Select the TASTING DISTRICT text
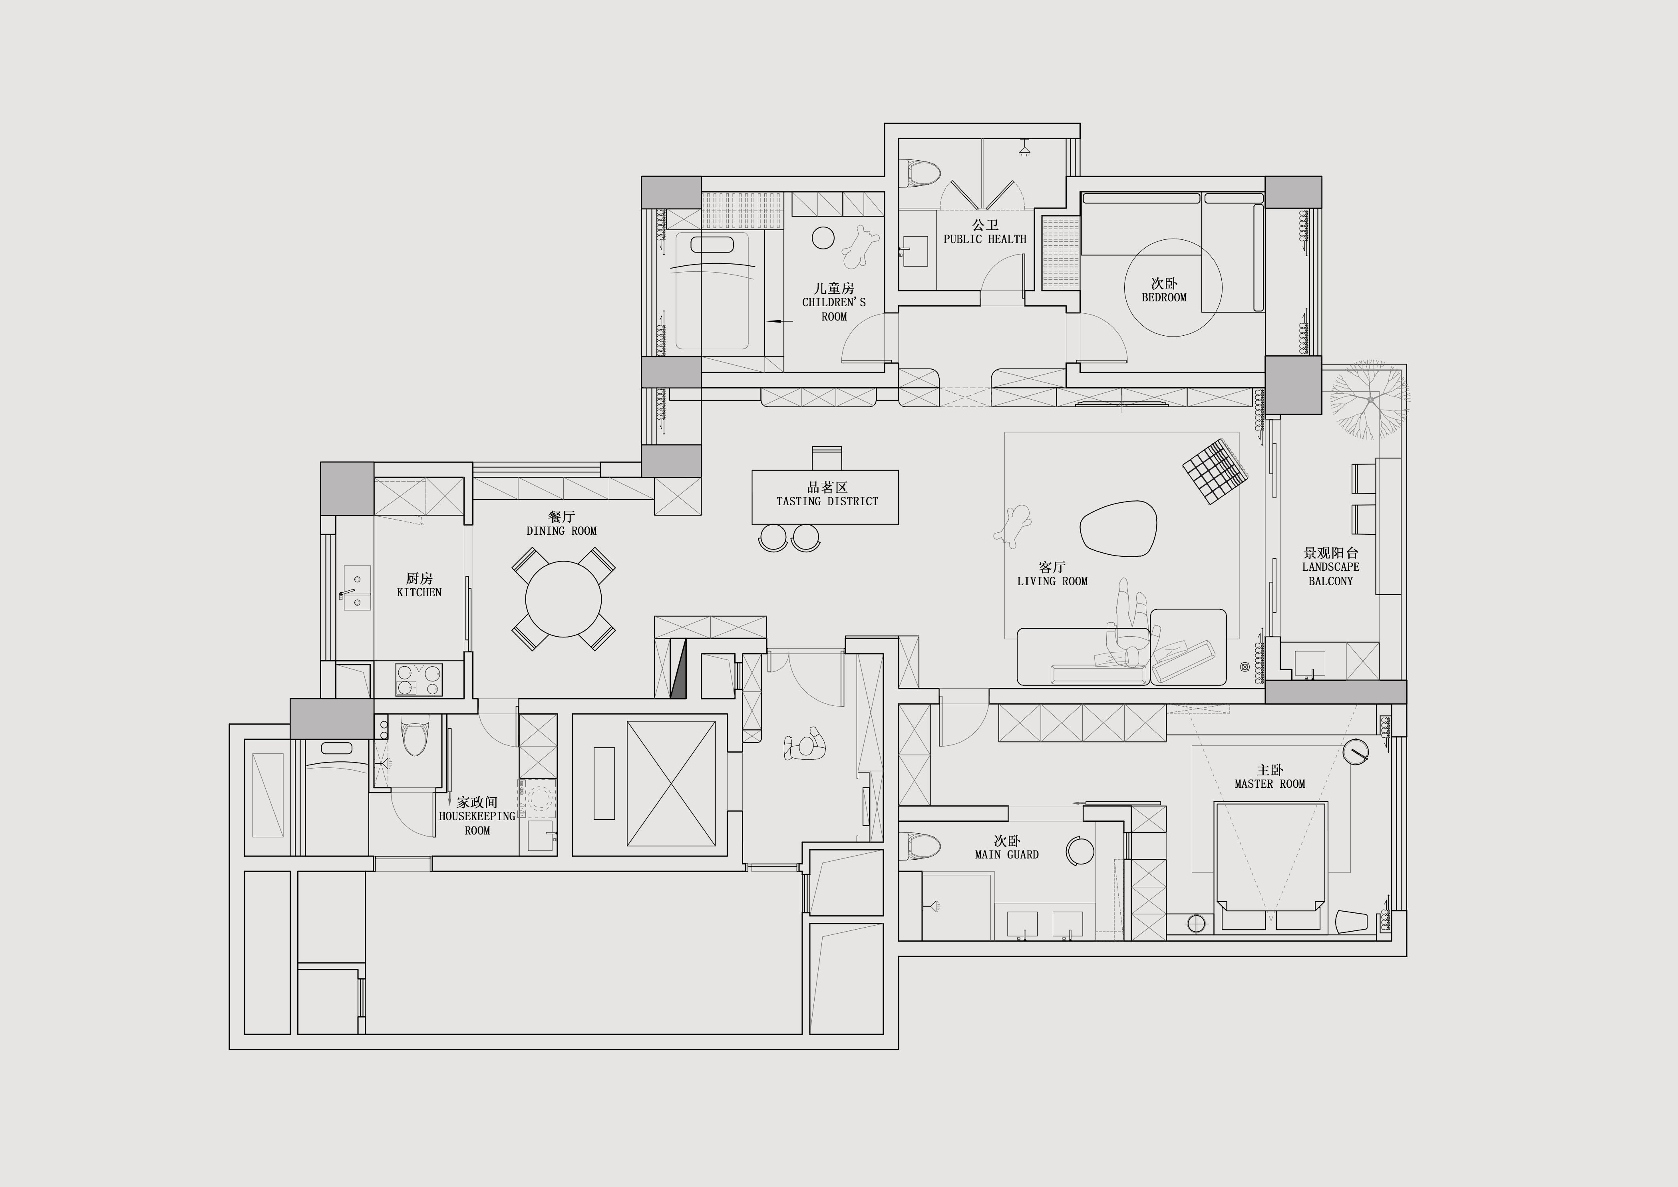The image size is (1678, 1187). (x=827, y=502)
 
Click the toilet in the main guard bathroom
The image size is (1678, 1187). (x=924, y=846)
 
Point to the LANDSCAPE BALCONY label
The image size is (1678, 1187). (x=1331, y=574)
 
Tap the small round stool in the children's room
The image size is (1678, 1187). (x=823, y=237)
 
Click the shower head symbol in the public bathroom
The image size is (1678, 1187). (x=1025, y=147)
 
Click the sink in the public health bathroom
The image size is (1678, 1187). (x=915, y=251)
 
